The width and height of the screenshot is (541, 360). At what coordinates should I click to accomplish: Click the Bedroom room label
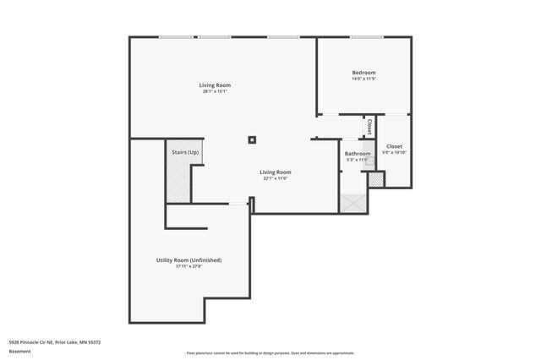coord(363,73)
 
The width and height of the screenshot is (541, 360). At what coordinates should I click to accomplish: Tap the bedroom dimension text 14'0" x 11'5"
coord(363,79)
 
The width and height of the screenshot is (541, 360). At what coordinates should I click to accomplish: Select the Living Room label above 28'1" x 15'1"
coord(215,85)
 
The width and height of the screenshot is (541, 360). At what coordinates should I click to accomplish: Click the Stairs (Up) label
coord(185,152)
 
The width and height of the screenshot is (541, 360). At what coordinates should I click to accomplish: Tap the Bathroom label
coord(358,153)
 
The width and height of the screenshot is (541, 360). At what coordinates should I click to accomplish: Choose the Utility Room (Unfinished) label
coord(189,259)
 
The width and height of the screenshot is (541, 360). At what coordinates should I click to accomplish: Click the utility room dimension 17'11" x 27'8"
coord(189,266)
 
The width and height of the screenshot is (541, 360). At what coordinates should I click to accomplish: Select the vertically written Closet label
coord(369,127)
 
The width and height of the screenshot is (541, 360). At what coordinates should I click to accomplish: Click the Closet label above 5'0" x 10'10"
coord(395,146)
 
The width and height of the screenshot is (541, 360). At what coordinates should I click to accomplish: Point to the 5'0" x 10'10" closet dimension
coord(395,153)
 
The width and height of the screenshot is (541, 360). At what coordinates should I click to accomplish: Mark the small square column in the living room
coord(251,140)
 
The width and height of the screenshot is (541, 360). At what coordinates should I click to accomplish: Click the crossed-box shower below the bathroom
coord(352,203)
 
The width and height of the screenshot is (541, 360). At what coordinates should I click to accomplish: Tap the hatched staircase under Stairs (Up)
coord(178,180)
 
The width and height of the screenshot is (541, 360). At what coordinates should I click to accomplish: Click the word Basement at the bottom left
coord(21,350)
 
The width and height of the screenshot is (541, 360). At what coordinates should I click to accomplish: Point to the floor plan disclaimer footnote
coord(270,353)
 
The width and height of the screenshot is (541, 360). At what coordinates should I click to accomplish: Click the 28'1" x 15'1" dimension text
coord(215,91)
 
